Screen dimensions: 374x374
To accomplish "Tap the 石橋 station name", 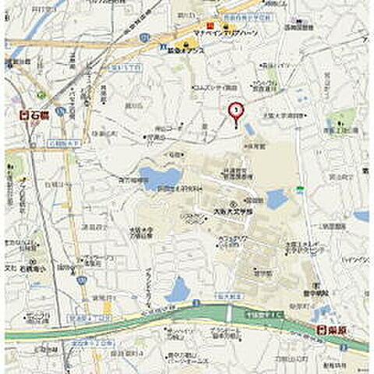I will tap(40, 115).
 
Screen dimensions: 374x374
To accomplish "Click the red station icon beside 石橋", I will tap(24, 115).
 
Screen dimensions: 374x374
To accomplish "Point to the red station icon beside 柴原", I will tap(321, 330).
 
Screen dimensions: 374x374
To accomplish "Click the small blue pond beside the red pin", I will tap(249, 129).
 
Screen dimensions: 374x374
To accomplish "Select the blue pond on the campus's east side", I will tap(276, 199).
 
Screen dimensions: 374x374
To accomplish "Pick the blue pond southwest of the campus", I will tap(178, 291).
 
